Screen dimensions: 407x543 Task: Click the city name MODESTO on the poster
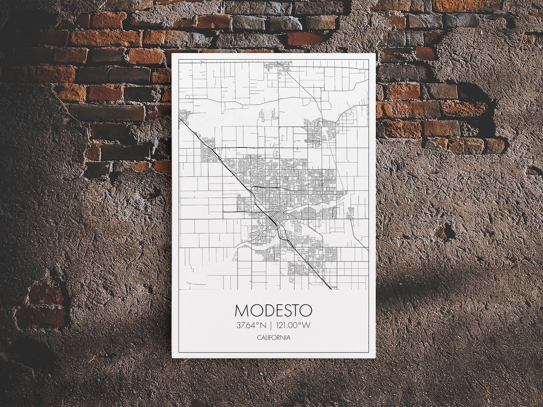click(273, 310)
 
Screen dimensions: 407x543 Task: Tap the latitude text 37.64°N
click(251, 325)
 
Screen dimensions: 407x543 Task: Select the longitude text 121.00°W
click(293, 325)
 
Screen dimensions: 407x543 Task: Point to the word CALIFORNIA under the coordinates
click(273, 338)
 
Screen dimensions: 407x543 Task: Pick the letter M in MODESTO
click(242, 310)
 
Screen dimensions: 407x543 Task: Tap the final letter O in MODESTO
click(305, 310)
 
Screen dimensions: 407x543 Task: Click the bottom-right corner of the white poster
click(375, 357)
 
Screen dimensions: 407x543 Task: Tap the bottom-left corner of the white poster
click(172, 357)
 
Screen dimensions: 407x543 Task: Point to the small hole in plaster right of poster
click(444, 232)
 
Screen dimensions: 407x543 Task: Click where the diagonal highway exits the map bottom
click(330, 288)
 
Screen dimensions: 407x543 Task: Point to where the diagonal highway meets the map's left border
click(180, 120)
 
